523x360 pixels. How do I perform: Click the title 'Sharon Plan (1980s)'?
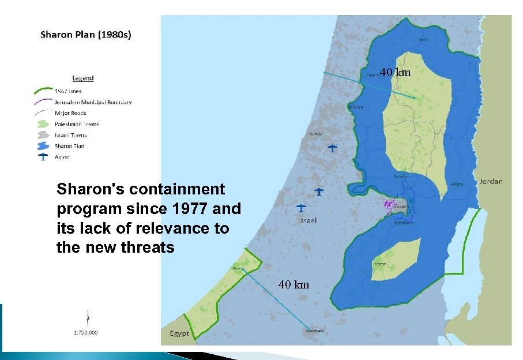click(x=85, y=35)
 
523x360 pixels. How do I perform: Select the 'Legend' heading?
click(x=83, y=78)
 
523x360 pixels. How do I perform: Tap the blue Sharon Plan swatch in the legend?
click(x=43, y=146)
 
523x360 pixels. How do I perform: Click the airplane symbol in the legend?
click(x=43, y=157)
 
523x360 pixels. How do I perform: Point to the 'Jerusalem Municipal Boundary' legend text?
click(x=93, y=102)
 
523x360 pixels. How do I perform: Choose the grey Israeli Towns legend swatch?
click(x=43, y=135)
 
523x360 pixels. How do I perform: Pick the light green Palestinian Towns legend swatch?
click(x=43, y=124)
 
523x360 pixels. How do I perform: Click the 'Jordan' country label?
click(x=490, y=181)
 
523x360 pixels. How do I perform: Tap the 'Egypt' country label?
click(x=179, y=334)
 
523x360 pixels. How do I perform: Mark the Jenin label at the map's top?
click(x=424, y=39)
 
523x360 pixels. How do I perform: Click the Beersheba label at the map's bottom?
click(x=315, y=331)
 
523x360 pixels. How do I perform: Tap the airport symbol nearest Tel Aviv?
click(x=332, y=148)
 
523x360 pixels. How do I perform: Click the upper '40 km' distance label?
click(x=395, y=73)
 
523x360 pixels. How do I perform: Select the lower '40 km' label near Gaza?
click(x=294, y=284)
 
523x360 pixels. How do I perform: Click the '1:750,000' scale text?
click(x=85, y=332)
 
